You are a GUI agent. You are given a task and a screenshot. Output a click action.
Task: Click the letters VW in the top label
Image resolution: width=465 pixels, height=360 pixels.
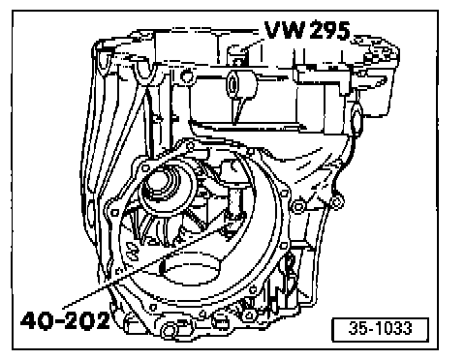click(285, 30)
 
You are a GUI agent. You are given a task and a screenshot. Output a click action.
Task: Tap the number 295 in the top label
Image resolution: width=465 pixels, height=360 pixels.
click(329, 31)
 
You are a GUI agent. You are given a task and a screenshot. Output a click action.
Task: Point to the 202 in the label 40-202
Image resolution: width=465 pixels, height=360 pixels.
click(86, 320)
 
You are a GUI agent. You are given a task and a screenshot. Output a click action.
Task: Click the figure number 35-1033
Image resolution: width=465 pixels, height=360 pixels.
click(381, 328)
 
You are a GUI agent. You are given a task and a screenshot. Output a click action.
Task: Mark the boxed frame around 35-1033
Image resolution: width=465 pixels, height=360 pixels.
click(381, 318)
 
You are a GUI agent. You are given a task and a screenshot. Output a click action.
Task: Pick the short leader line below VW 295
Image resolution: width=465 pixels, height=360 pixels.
click(252, 45)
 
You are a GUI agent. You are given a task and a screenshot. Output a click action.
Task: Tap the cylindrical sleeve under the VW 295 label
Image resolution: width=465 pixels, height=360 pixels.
click(241, 84)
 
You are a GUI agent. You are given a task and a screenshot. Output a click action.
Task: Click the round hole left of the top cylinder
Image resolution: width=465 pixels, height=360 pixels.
click(186, 76)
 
